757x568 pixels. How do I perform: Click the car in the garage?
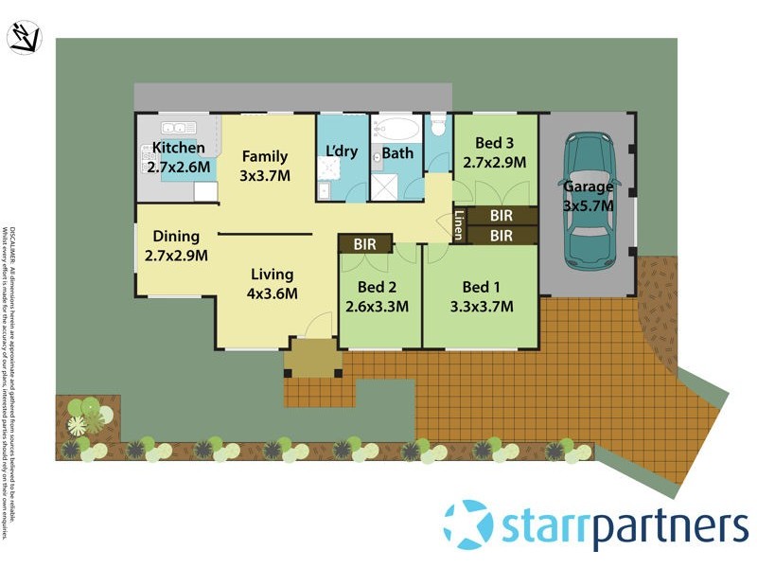pyautogui.click(x=588, y=201)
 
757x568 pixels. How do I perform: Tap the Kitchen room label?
pyautogui.click(x=178, y=148)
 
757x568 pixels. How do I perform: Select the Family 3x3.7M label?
pyautogui.click(x=264, y=166)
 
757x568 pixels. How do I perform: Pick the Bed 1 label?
pyautogui.click(x=482, y=296)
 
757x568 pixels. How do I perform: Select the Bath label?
pyautogui.click(x=398, y=153)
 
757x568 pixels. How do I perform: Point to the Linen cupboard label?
pyautogui.click(x=458, y=223)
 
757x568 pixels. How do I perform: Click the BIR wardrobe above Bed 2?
pyautogui.click(x=365, y=244)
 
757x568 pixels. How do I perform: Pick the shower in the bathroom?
pyautogui.click(x=386, y=186)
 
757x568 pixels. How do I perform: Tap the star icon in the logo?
pyautogui.click(x=468, y=524)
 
